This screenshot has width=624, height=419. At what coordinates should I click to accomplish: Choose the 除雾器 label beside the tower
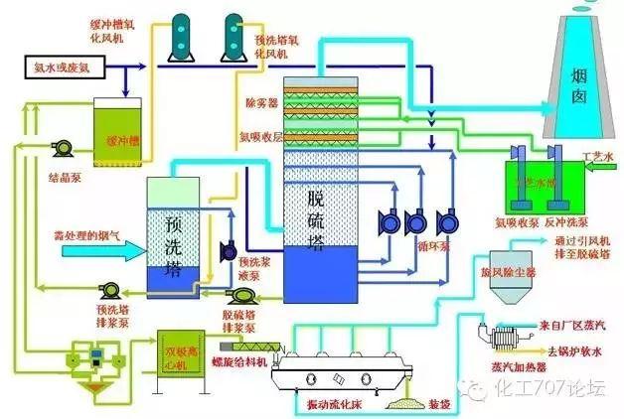click(260, 102)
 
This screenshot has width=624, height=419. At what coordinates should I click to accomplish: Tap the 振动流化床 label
click(338, 401)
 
